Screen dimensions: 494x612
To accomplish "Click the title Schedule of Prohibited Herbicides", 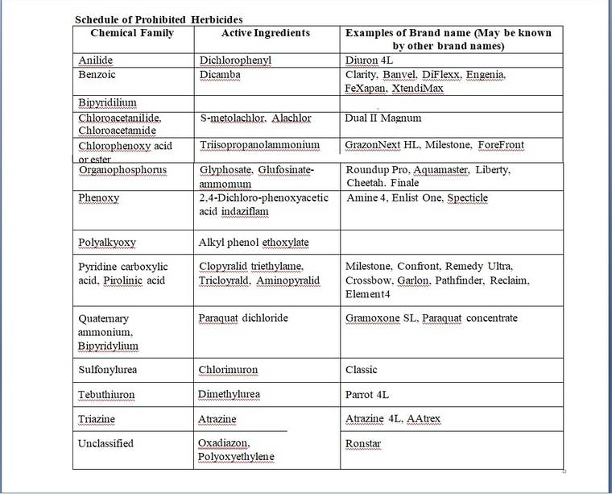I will tap(159, 19).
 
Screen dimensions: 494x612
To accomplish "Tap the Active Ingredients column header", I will tap(265, 33).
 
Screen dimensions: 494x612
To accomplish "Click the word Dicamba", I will tap(219, 74).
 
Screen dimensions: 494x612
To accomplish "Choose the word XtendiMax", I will tap(416, 88).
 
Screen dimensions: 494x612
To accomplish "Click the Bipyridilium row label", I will tap(107, 103).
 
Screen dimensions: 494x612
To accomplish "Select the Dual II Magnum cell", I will tap(382, 118).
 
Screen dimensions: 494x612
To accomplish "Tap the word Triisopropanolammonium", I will tap(259, 145).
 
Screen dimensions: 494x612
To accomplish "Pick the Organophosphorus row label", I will tap(122, 170).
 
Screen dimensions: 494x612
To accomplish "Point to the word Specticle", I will tap(467, 197).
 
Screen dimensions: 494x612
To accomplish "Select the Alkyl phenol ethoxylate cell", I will tap(253, 242).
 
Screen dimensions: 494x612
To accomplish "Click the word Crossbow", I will tap(367, 280).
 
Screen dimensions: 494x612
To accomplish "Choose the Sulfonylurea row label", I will tap(108, 370).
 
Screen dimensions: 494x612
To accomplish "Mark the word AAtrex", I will tap(424, 419).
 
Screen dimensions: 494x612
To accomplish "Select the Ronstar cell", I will tap(363, 444).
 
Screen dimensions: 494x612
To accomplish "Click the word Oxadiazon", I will tap(224, 443).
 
